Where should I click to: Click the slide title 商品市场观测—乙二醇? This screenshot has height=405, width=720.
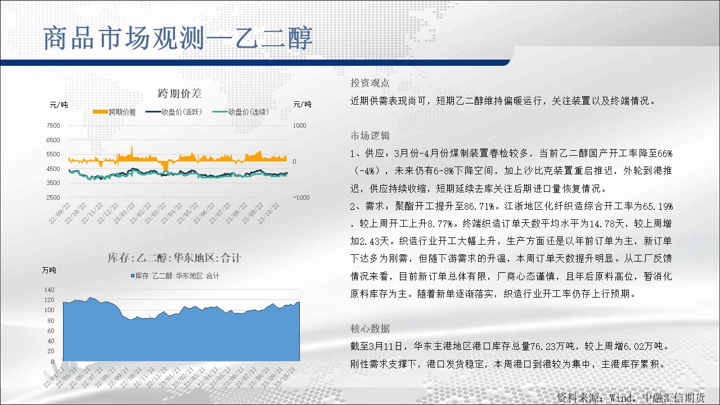pos(178,39)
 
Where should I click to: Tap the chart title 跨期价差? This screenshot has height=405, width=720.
pos(179,93)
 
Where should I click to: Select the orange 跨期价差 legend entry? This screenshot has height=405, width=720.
pos(114,112)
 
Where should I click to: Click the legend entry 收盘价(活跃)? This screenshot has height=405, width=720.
pos(174,112)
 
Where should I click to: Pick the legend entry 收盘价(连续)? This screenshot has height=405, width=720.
pos(240,112)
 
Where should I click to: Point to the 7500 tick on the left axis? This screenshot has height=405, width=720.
pos(53,125)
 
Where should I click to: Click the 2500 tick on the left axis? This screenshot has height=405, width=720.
pos(53,197)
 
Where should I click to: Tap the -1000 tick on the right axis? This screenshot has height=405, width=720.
pos(301,197)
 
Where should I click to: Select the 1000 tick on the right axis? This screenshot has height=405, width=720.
pos(300,125)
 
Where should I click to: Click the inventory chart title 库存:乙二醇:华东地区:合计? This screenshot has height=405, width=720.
pos(174,258)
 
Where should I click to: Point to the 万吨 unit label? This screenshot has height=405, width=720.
pos(49,271)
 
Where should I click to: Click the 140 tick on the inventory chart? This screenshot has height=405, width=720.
pos(49,290)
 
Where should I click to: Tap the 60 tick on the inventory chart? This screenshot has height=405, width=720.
pos(51,331)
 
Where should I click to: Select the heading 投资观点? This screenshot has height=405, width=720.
pos(370,83)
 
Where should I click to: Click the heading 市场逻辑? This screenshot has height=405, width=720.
pos(370,136)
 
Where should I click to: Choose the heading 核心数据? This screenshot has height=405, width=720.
pos(370,328)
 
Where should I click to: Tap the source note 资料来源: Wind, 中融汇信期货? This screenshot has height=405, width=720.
pos(631,398)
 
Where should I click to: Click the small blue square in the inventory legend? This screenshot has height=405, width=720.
pos(132,276)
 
